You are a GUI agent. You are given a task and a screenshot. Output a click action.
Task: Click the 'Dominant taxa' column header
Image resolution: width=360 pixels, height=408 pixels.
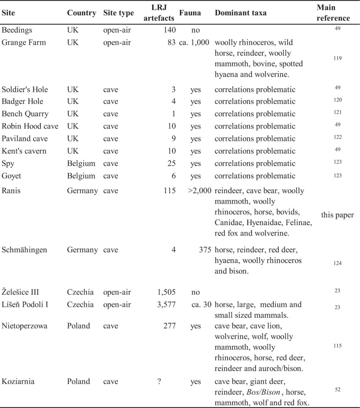point(241,13)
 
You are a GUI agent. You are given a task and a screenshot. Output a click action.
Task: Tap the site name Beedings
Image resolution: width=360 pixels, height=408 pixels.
point(18,30)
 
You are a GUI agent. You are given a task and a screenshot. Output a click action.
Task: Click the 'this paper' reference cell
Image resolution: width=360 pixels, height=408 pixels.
point(337,215)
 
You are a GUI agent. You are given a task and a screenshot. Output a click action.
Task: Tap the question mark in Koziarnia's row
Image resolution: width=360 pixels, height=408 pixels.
point(159,381)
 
